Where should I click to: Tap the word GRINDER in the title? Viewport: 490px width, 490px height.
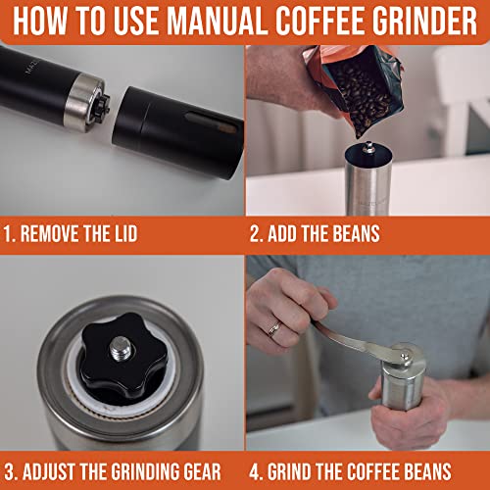pyautogui.click(x=420, y=21)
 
